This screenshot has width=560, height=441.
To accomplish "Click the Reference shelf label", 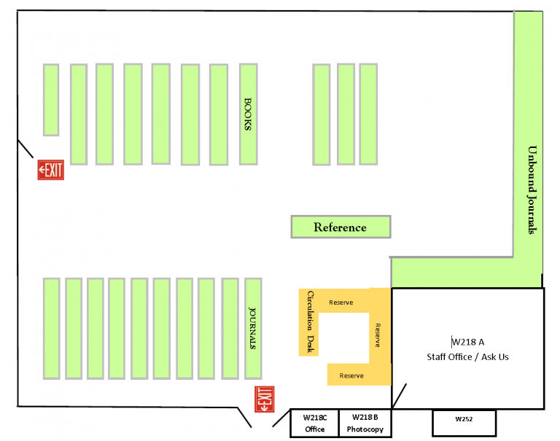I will coord(340,227).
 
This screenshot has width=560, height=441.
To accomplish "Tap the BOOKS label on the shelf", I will coord(248,114).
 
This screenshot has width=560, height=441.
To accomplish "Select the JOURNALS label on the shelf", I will coord(253,327).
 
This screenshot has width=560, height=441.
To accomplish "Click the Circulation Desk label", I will coord(310,321).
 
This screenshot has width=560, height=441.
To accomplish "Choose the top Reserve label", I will coord(341,303).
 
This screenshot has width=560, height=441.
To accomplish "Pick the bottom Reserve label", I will coord(351,375).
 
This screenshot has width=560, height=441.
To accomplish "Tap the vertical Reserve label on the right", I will coord(378,335).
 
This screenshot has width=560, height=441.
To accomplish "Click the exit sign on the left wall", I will coord(51,171).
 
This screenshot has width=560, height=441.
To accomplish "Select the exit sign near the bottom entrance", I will coord(263,399).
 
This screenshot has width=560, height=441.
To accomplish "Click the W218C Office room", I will coord(315,423).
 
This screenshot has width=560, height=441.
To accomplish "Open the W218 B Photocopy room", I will coord(365,423).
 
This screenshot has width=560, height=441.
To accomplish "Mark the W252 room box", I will coord(464,420).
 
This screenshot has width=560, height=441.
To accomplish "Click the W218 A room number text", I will coord(468,341).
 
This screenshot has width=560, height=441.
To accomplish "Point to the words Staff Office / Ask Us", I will coord(468,357).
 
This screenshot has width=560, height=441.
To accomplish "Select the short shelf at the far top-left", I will coord(50,100).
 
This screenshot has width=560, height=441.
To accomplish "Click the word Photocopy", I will coord(365,429).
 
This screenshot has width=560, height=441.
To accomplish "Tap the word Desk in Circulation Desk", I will coord(310,344).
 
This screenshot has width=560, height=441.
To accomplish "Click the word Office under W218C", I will coord(315,429).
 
